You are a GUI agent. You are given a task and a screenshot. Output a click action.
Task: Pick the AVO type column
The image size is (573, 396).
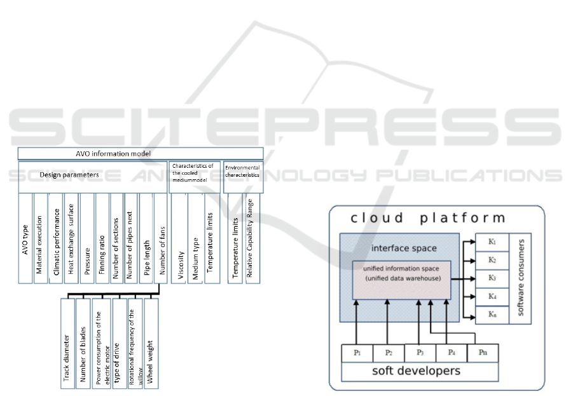pyautogui.click(x=25, y=238)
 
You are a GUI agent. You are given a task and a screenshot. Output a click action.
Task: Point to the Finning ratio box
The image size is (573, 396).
pyautogui.click(x=102, y=238)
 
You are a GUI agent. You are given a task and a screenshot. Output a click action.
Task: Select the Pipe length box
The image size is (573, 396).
pyautogui.click(x=146, y=238)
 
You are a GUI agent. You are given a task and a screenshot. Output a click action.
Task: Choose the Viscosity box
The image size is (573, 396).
pyautogui.click(x=180, y=238)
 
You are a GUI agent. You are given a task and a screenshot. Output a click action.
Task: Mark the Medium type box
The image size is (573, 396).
pyautogui.click(x=196, y=238)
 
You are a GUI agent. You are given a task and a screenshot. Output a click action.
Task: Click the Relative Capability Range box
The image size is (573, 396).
pyautogui.click(x=252, y=238)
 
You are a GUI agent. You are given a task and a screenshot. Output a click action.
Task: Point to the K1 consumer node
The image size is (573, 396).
pyautogui.click(x=492, y=243)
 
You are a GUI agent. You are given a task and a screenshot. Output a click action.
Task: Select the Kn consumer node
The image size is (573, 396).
pyautogui.click(x=492, y=315)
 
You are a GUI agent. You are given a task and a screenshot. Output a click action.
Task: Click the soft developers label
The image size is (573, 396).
pyautogui.click(x=417, y=371)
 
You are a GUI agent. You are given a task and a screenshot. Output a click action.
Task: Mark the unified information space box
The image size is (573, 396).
pyautogui.click(x=402, y=280)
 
